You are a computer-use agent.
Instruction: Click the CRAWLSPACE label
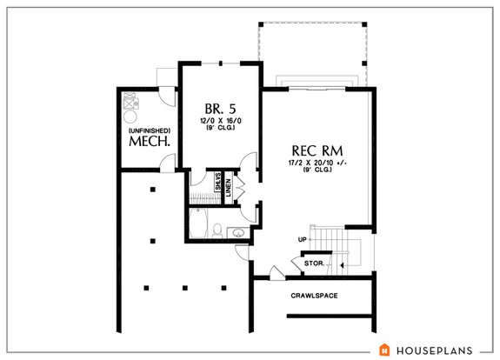pyautogui.click(x=314, y=296)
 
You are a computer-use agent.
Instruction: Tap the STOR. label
pyautogui.click(x=313, y=262)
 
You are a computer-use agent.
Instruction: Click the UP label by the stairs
pyautogui.click(x=302, y=238)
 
